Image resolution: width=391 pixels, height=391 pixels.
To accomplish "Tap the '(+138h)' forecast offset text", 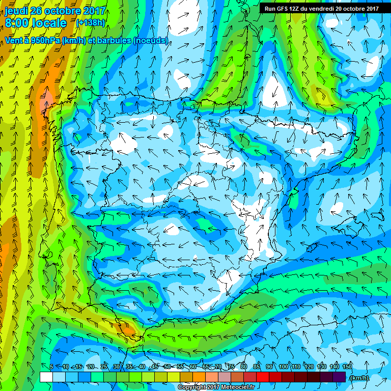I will pos(91,23).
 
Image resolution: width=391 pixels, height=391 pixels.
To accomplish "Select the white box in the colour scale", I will pos(46,377).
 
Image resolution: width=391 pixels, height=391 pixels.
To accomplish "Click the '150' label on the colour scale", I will pos(347,367).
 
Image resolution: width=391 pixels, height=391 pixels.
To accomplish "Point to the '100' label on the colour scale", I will pos(283,367).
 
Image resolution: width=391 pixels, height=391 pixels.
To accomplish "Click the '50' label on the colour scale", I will pos(168,367).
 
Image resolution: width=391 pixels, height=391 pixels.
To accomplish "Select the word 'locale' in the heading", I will pos(49,23).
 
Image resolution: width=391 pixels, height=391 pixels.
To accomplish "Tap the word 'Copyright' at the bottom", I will pos(191,387).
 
